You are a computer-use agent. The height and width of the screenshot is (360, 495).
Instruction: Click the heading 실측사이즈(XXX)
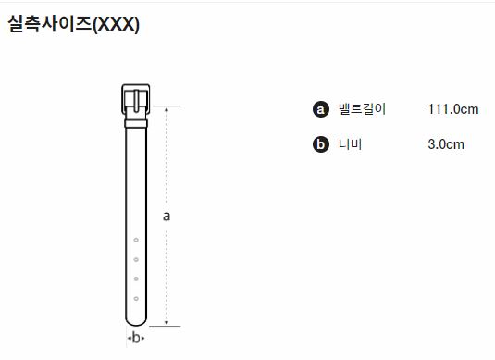73,24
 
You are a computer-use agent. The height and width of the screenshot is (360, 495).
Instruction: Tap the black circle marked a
320,109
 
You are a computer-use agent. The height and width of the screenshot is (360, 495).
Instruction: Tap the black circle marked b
320,144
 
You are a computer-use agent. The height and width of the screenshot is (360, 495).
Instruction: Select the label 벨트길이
362,109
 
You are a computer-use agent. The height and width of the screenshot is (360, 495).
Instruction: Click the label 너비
350,144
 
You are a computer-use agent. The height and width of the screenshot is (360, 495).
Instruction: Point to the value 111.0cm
453,109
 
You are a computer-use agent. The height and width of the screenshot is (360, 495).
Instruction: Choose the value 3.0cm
446,144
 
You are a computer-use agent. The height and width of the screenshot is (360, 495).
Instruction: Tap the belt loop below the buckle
136,123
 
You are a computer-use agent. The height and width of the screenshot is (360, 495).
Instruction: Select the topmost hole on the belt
136,240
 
